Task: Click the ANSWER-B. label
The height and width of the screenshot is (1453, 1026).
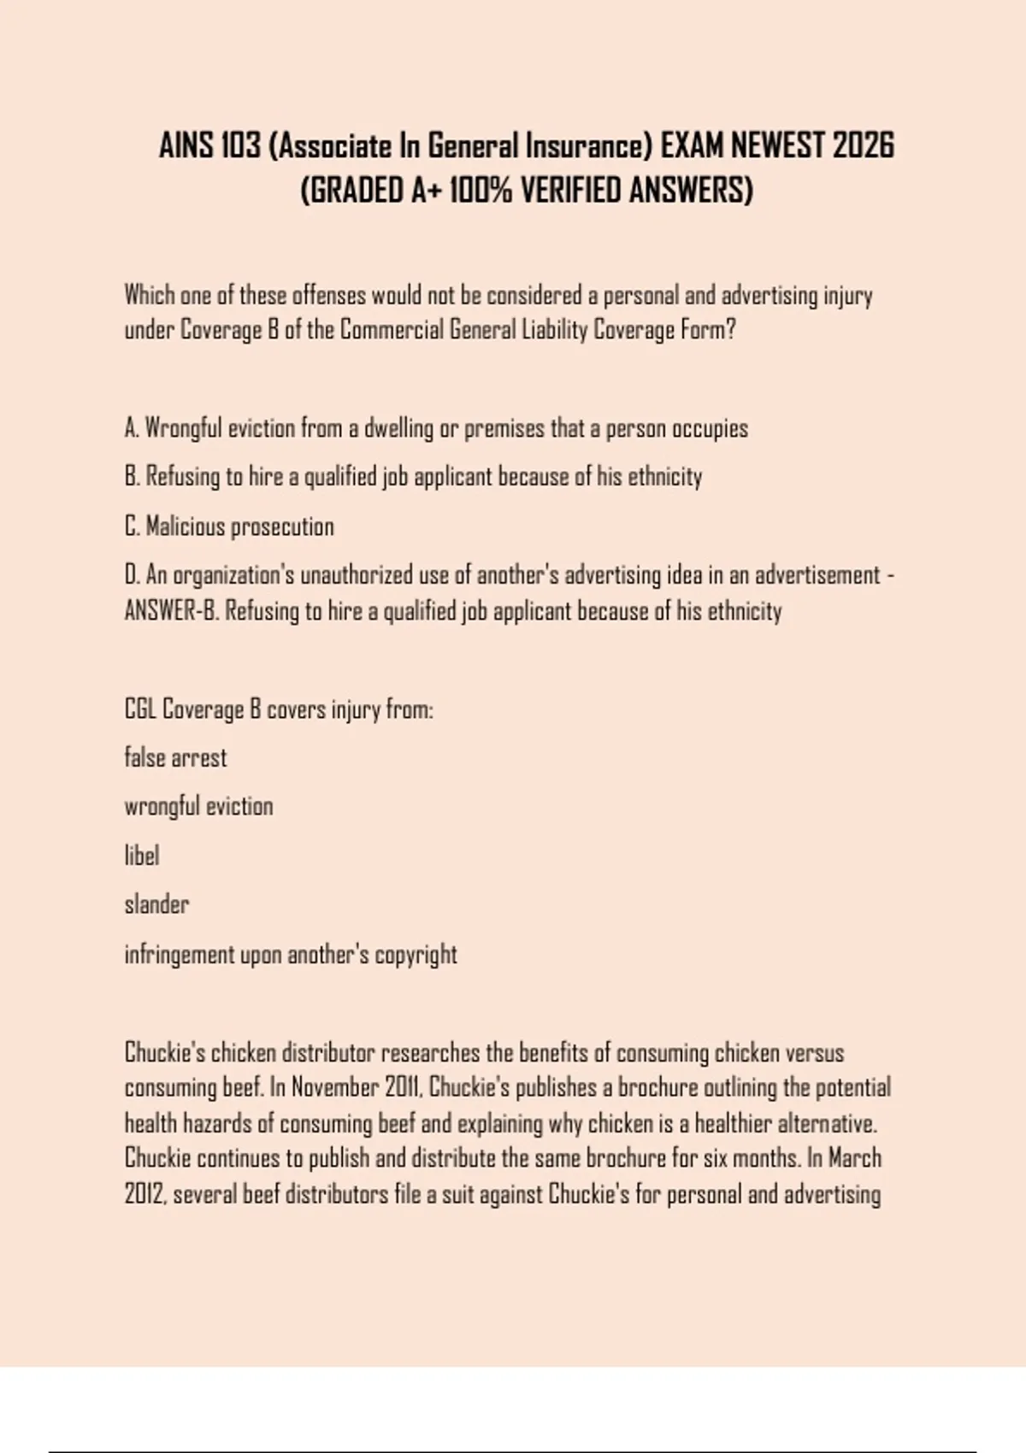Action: point(171,611)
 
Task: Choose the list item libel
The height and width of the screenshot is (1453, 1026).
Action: point(142,856)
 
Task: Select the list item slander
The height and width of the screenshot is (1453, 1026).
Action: point(156,904)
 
